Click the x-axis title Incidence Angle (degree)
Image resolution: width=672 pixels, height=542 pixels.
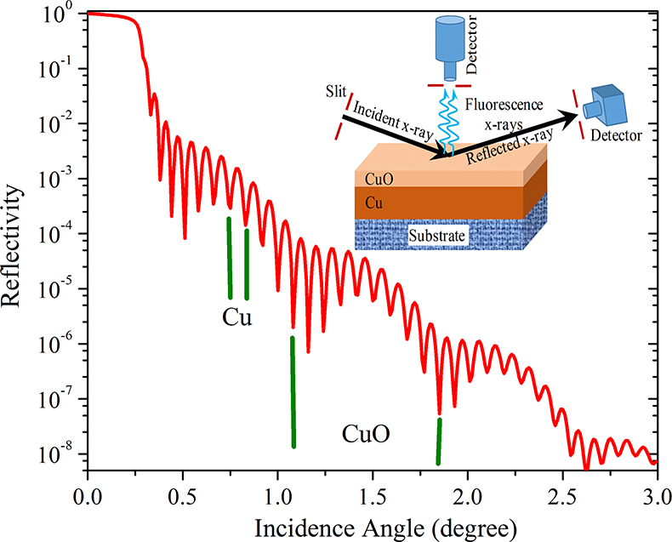click(369, 527)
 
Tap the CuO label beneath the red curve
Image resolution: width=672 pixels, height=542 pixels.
click(367, 435)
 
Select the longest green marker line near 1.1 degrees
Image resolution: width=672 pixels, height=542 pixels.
click(293, 391)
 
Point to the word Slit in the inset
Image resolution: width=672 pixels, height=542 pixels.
click(334, 90)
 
